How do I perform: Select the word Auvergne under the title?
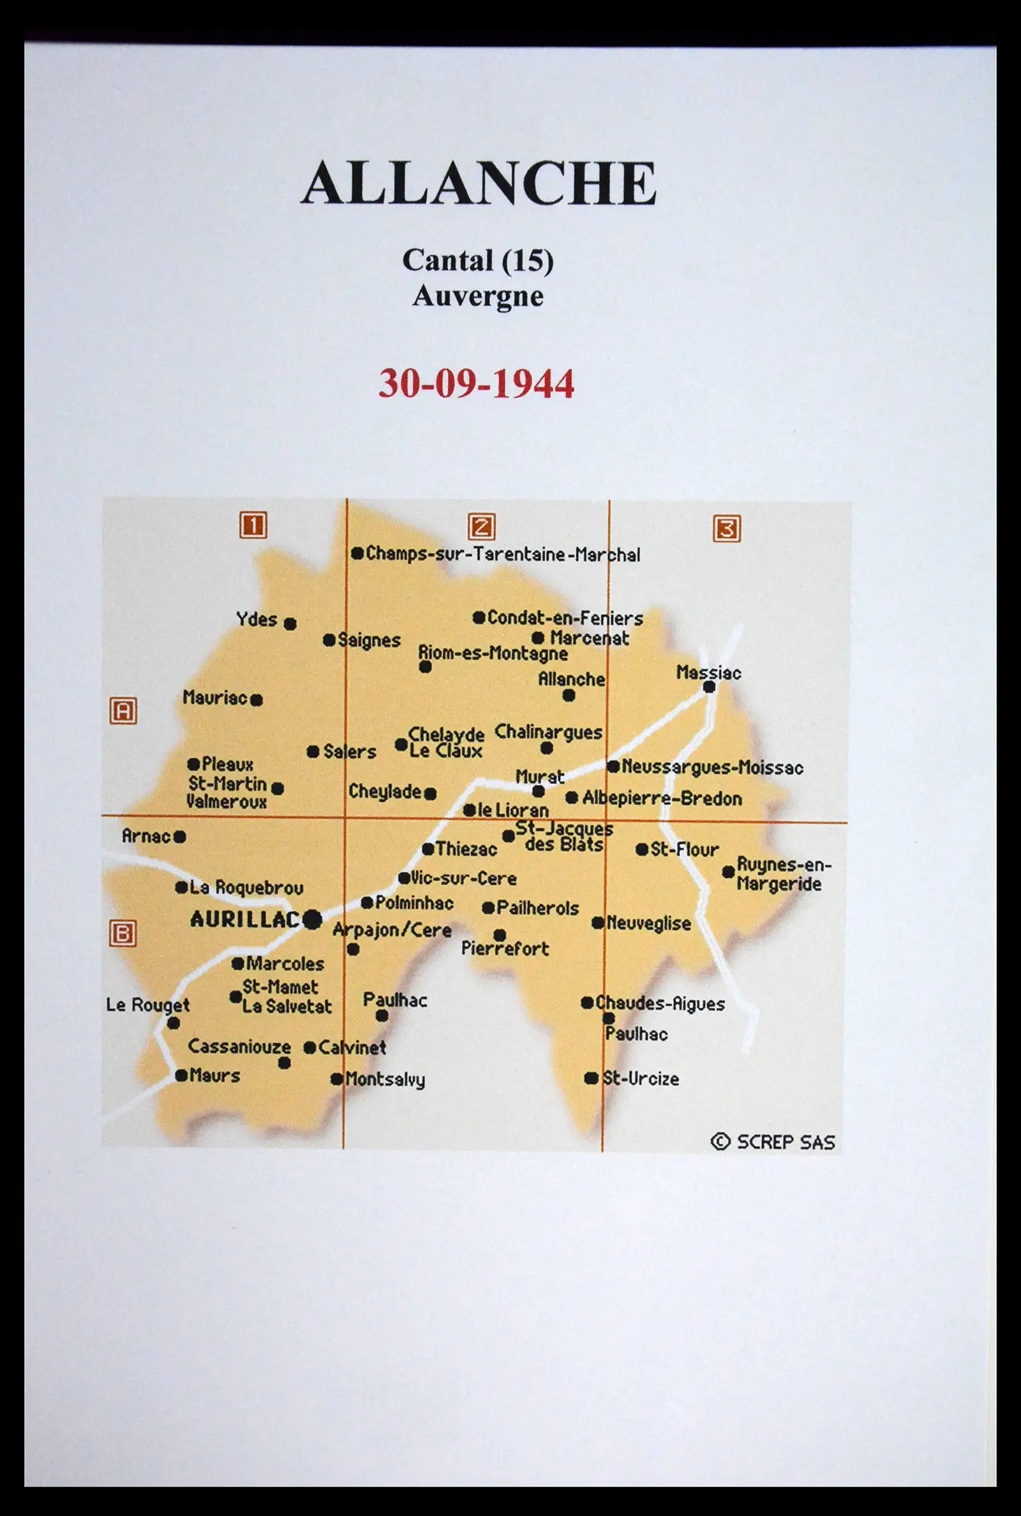coord(477,296)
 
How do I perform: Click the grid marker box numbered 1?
coord(253,525)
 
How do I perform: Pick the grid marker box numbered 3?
coord(727,528)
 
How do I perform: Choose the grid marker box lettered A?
coord(123,710)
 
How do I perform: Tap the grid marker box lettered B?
coord(123,934)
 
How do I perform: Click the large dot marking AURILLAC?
coord(313,920)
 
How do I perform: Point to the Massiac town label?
coord(708,672)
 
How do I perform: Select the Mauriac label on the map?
coord(215,698)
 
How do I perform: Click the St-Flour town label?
coord(683,849)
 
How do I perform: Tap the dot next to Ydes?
coord(290,624)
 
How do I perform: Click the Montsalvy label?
coord(385,1079)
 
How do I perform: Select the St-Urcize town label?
coord(641,1078)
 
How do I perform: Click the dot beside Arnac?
coord(180,837)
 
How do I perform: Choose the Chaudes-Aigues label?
coord(660,1003)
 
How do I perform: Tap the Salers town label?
coord(350,751)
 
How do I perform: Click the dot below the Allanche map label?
coord(569,696)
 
